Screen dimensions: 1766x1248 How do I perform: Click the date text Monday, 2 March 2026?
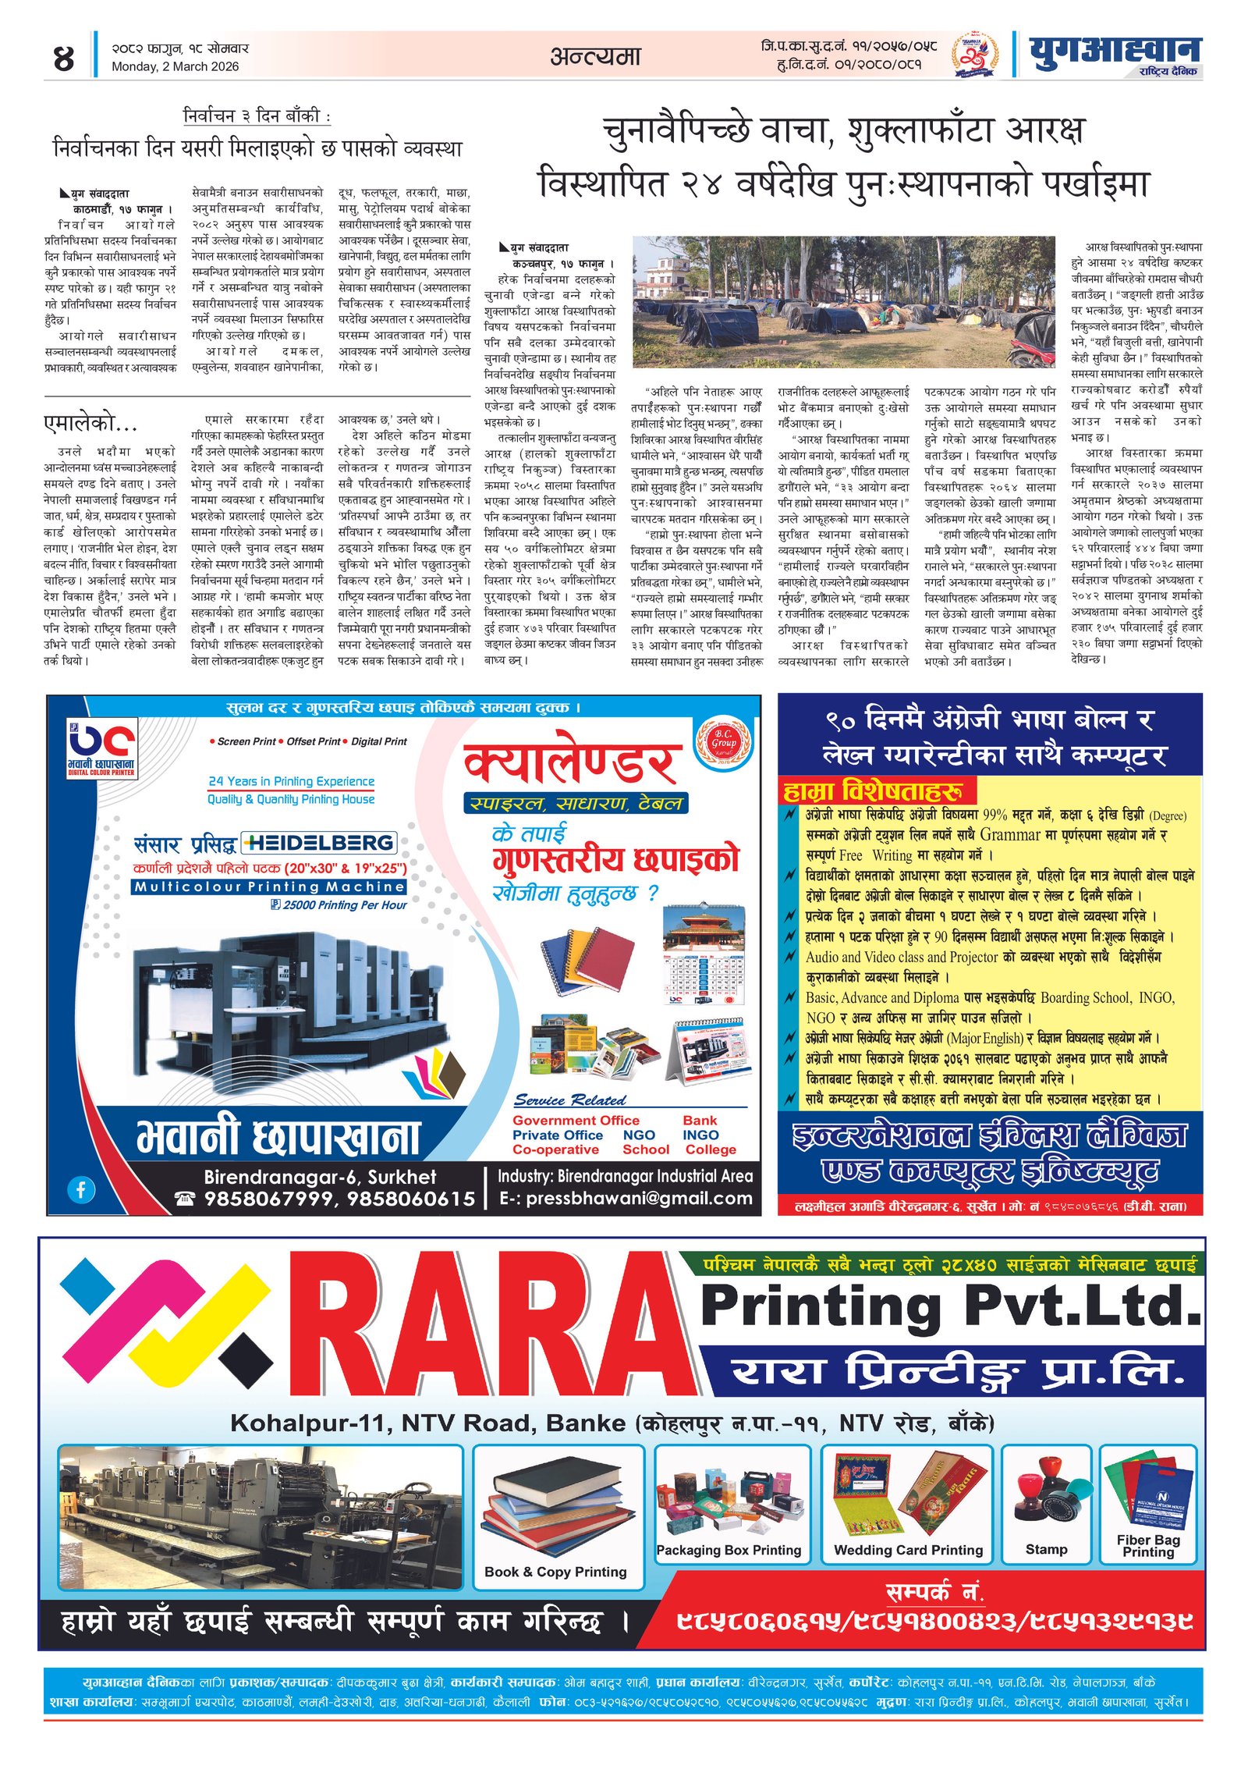pos(175,67)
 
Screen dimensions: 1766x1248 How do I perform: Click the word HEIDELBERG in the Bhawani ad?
pos(319,843)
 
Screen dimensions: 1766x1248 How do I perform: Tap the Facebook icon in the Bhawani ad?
pos(81,1189)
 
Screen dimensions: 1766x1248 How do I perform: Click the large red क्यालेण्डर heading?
pos(572,763)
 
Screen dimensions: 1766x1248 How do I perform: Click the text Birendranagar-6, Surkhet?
pos(320,1177)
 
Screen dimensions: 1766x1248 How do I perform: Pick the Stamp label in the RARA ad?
pos(1046,1549)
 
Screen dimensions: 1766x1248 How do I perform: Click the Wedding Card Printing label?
pos(908,1550)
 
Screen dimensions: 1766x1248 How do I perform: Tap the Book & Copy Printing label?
pos(555,1572)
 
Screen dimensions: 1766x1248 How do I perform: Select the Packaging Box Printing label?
pos(729,1550)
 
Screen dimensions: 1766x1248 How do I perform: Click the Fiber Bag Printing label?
pos(1148,1546)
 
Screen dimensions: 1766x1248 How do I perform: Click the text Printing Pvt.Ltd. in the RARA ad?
pos(950,1305)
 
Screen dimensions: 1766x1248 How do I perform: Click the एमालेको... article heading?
pos(90,424)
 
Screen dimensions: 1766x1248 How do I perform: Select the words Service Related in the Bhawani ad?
pos(569,1100)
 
